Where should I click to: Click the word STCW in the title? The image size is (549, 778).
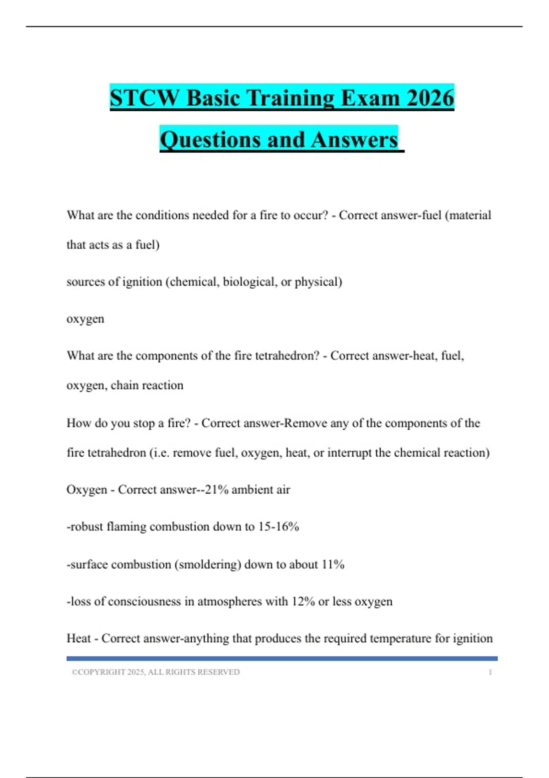tap(145, 98)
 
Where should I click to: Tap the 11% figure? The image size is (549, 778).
tap(333, 564)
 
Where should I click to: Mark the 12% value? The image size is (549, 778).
tap(303, 601)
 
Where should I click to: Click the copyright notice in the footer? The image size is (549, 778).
tap(156, 672)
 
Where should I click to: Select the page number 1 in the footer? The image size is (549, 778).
tap(490, 672)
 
